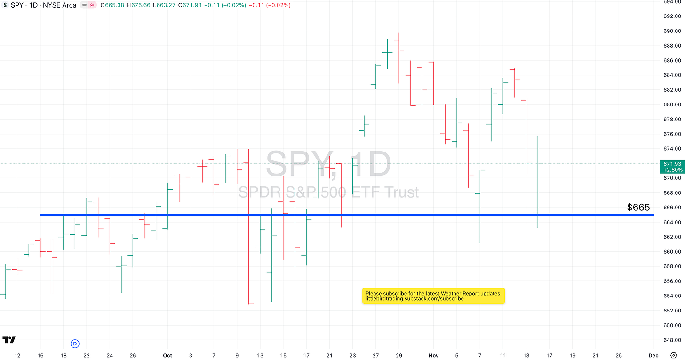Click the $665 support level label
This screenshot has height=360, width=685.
638,208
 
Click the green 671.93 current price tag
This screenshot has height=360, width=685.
672,167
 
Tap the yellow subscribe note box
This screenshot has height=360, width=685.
433,296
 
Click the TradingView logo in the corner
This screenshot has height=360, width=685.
8,340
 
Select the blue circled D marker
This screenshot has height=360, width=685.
75,344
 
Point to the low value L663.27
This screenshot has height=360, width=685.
165,5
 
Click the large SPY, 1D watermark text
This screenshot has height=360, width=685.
328,164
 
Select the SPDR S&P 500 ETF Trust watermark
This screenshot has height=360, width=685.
328,192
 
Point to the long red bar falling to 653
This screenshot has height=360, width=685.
248,226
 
